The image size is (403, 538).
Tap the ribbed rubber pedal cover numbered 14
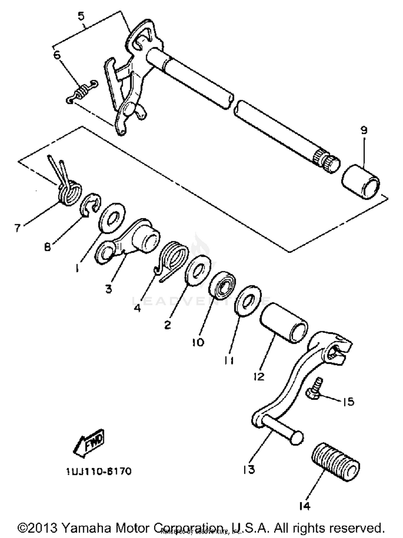coord(336,462)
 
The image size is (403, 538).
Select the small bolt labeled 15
coord(314,390)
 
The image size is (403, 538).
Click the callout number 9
coord(364,131)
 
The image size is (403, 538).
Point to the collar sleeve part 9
coord(361,182)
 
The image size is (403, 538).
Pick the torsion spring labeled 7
coord(69,192)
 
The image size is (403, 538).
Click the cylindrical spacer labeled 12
coord(283,323)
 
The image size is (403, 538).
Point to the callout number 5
coord(81,16)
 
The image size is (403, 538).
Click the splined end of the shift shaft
coord(326,160)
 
